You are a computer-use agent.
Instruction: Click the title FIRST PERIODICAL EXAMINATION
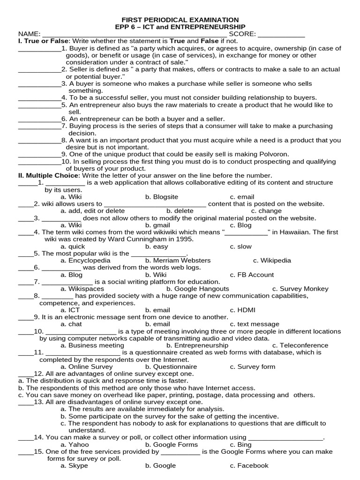click(180, 20)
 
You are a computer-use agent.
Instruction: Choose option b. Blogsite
click(162, 197)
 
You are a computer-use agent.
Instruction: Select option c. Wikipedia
click(272, 260)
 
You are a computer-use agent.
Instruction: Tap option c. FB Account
click(252, 275)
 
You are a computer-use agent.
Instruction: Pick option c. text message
click(254, 324)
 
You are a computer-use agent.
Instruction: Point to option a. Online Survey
click(87, 367)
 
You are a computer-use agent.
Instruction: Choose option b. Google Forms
click(172, 444)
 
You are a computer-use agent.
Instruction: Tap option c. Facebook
click(249, 465)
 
